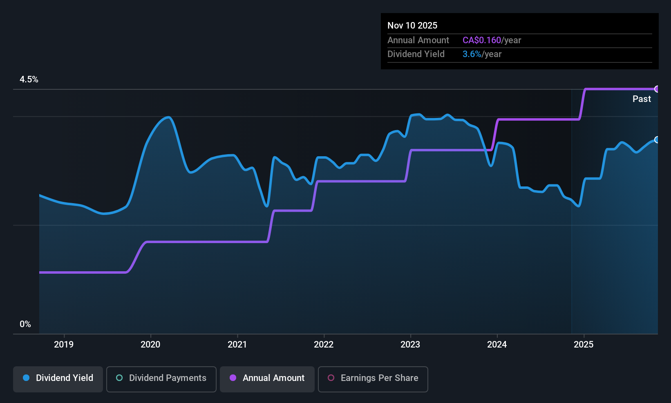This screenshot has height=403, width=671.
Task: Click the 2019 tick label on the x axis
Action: pos(64,344)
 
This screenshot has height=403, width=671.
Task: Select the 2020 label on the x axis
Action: pos(150,344)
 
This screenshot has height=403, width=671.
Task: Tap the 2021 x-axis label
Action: pos(237,344)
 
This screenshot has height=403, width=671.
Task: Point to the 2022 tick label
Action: pos(324,344)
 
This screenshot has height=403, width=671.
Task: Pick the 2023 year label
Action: pos(410,344)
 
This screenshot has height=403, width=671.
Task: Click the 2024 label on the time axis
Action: pos(497,344)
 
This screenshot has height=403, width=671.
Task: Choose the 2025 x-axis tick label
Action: pos(584,344)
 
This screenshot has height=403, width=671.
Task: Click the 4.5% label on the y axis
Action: pos(29,80)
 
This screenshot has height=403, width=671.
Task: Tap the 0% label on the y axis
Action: pos(25,324)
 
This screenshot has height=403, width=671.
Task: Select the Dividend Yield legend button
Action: pos(58,378)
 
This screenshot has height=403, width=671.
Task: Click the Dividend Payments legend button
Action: pos(161,378)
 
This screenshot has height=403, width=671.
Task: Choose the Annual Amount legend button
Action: pos(267,378)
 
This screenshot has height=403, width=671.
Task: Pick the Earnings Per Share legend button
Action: pos(373,378)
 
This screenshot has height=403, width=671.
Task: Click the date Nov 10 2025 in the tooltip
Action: pos(412,25)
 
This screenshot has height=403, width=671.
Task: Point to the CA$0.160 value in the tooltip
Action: pos(481,40)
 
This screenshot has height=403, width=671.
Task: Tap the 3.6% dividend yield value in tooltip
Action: pos(472,54)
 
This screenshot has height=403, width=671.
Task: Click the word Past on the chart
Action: pos(642,99)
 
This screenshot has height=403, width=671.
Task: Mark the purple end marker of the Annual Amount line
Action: pos(657,89)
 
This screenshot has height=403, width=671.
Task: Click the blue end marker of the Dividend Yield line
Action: pos(657,140)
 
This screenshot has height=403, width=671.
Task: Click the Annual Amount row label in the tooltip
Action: pos(418,40)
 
